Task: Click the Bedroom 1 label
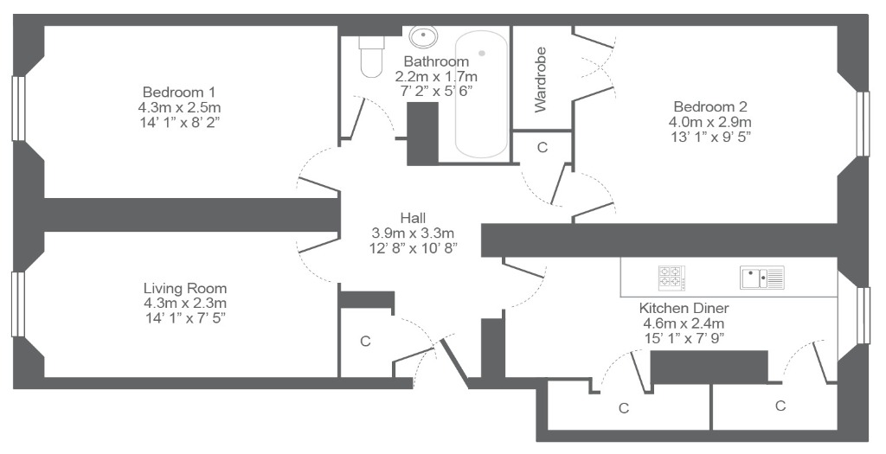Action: click(178, 92)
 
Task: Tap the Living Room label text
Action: click(185, 289)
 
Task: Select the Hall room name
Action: click(413, 217)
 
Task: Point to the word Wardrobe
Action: click(541, 80)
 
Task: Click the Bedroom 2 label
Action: click(710, 106)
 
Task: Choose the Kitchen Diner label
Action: click(684, 309)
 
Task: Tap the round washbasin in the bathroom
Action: click(423, 37)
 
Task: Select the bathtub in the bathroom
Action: click(481, 94)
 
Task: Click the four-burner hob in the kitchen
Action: click(671, 278)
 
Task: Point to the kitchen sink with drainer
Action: click(761, 278)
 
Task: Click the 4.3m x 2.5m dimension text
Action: click(178, 107)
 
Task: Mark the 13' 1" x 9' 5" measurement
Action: click(710, 137)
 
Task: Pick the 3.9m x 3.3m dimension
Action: click(413, 232)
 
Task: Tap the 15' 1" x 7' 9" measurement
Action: click(684, 338)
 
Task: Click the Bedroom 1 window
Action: click(19, 108)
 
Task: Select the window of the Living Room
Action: click(19, 304)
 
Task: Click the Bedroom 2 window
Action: click(863, 124)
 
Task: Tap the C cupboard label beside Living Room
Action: click(366, 342)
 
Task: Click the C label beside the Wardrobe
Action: click(543, 147)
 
